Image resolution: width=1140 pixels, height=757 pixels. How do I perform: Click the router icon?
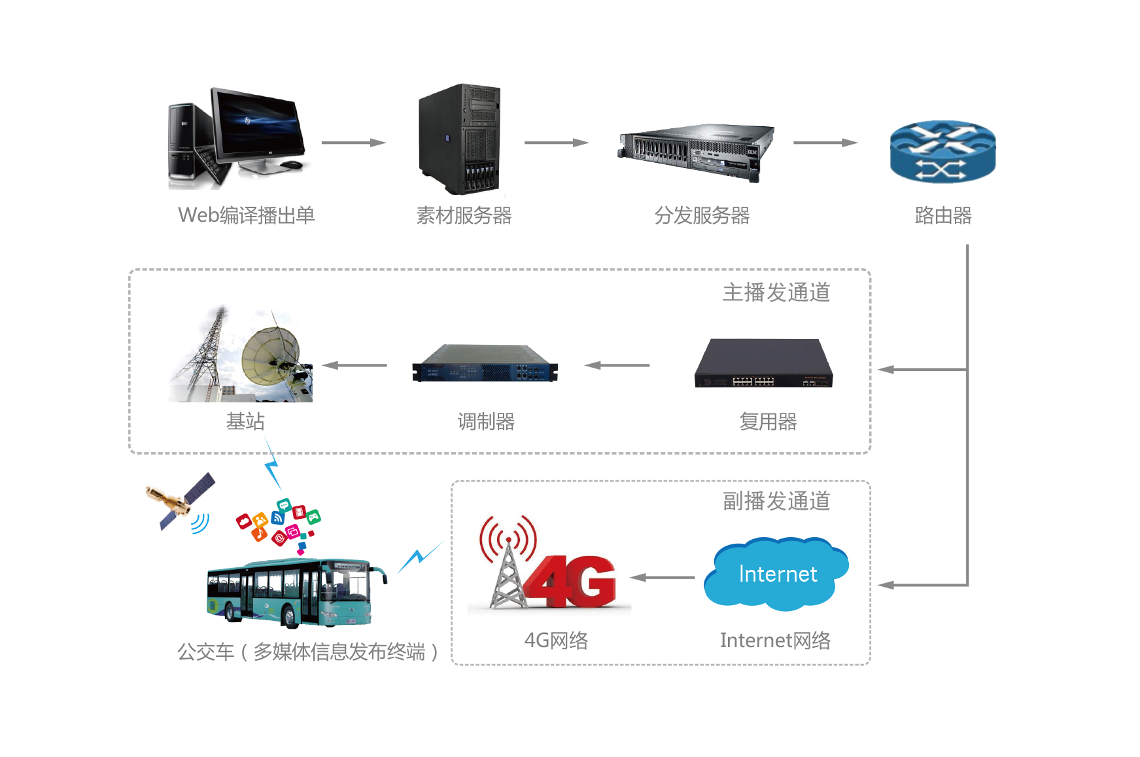pos(942,152)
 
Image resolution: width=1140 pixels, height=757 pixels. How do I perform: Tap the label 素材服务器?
pos(464,215)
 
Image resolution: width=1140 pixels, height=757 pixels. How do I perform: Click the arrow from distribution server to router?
pos(825,143)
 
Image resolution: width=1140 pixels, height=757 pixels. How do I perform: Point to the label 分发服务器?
pos(702,215)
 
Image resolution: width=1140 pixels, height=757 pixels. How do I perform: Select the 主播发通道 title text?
pos(776,292)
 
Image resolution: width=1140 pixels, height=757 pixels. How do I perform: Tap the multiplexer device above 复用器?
pos(764,364)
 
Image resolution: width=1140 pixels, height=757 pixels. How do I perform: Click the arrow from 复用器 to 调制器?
pos(617,365)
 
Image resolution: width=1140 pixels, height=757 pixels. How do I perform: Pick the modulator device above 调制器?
pos(485,364)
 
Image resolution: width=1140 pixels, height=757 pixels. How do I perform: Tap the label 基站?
pos(245,421)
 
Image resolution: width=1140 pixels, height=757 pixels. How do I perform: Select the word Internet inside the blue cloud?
pos(778,574)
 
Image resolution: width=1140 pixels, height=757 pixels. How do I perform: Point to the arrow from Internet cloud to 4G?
pos(663,577)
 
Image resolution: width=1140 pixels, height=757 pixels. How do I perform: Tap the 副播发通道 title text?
pos(776,501)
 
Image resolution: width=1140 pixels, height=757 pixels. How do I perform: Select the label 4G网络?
pos(556,640)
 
